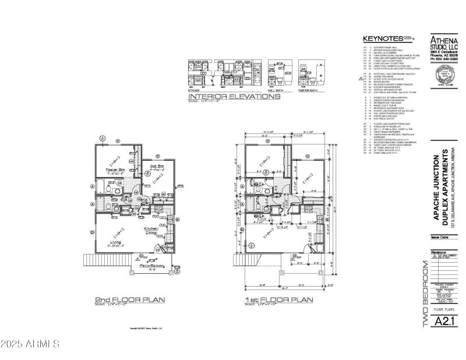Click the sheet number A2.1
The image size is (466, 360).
click(440, 320)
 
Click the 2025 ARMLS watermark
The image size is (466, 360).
click(30, 343)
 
